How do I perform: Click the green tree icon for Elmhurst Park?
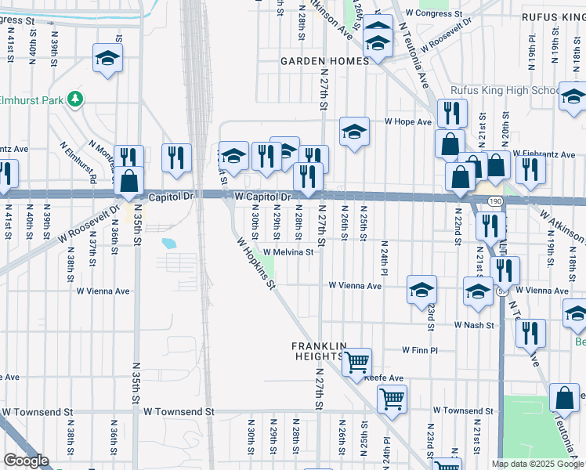coord(75,99)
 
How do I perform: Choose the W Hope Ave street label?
coord(407,122)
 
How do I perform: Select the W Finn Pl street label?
coord(423,350)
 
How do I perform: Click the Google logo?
coord(26,461)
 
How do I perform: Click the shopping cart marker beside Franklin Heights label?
coord(357,362)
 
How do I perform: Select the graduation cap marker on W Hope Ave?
coord(354,132)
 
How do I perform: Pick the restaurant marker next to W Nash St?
coord(530,333)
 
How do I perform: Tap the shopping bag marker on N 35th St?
coord(128,182)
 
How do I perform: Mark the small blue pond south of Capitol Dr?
coord(169,243)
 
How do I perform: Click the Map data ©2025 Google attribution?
coord(537,464)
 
